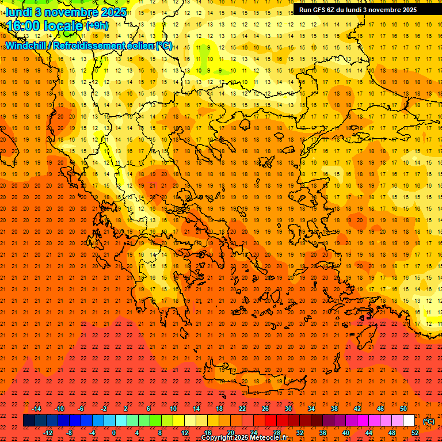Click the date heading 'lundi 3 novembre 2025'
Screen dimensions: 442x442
pyautogui.click(x=66, y=12)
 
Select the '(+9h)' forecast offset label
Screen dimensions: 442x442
pyautogui.click(x=96, y=25)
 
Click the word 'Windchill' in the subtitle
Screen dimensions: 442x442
pyautogui.click(x=26, y=45)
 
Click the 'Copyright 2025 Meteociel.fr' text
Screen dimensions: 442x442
pyautogui.click(x=244, y=438)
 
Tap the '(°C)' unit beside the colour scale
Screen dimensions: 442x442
pyautogui.click(x=429, y=421)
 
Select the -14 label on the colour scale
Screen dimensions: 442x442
pyautogui.click(x=36, y=409)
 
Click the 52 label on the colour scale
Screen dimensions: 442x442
pyautogui.click(x=415, y=432)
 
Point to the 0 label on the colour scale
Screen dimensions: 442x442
pyautogui.click(x=114, y=432)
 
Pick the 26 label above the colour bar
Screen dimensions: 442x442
pyautogui.click(x=265, y=409)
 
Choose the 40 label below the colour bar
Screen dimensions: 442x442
pyautogui.click(x=346, y=432)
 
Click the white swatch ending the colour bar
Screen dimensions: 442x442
pyautogui.click(x=409, y=421)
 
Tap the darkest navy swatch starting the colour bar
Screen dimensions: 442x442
pyautogui.click(x=29, y=421)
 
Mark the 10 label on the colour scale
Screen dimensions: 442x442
pyautogui.click(x=173, y=409)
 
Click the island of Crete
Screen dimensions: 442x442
pyautogui.click(x=247, y=380)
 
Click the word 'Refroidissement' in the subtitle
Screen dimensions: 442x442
pyautogui.click(x=95, y=45)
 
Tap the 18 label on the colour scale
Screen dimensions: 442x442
pyautogui.click(x=219, y=409)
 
